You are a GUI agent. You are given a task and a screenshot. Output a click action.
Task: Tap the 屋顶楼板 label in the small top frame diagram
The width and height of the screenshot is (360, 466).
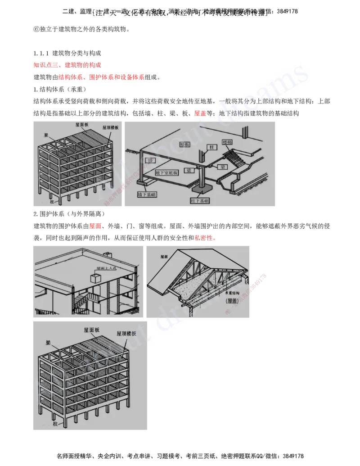[x=110, y=128]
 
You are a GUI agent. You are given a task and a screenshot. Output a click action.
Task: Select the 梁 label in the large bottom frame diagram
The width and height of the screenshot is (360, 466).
[x=48, y=342]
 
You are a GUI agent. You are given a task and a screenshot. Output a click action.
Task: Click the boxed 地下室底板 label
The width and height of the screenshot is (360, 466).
[x=166, y=173]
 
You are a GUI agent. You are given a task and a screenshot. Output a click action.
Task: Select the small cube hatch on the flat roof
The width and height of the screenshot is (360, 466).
[x=96, y=278]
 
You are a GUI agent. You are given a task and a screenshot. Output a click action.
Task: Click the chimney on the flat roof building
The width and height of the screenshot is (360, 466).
[x=108, y=256]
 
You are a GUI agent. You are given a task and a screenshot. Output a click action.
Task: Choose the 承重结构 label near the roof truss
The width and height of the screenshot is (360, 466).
[x=234, y=293]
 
